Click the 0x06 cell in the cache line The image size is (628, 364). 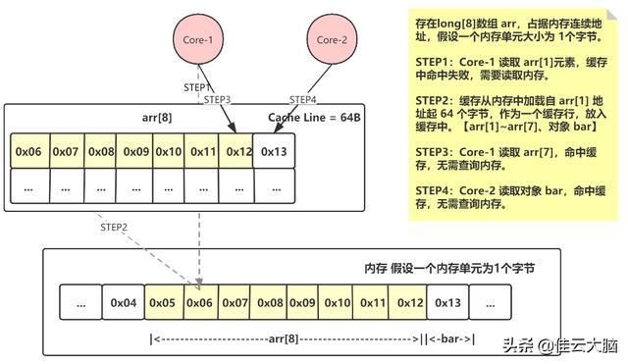pyautogui.click(x=28, y=151)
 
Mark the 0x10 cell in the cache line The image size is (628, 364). pyautogui.click(x=168, y=151)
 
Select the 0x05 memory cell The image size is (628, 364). pyautogui.click(x=163, y=301)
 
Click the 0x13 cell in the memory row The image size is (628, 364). pyautogui.click(x=447, y=301)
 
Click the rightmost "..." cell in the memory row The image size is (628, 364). pyautogui.click(x=489, y=301)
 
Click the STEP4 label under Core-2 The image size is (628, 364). pyautogui.click(x=304, y=99)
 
